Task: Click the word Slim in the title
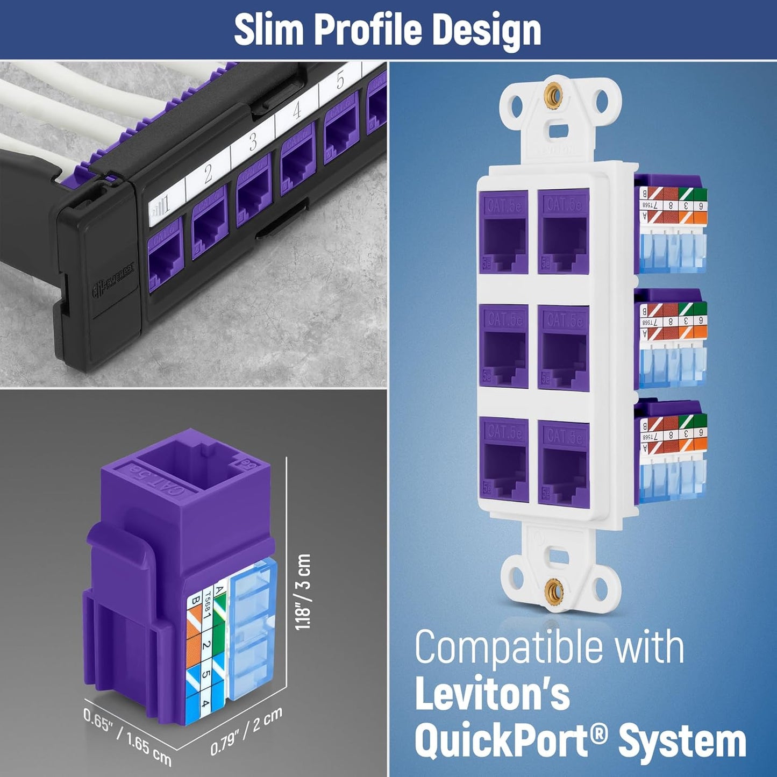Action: point(269,31)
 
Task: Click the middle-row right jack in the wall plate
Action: point(564,347)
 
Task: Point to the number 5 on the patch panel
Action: point(340,81)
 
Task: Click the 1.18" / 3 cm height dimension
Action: point(303,591)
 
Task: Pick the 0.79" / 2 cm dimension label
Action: point(246,731)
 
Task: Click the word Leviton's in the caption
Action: point(492,695)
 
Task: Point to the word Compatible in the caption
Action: point(510,647)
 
